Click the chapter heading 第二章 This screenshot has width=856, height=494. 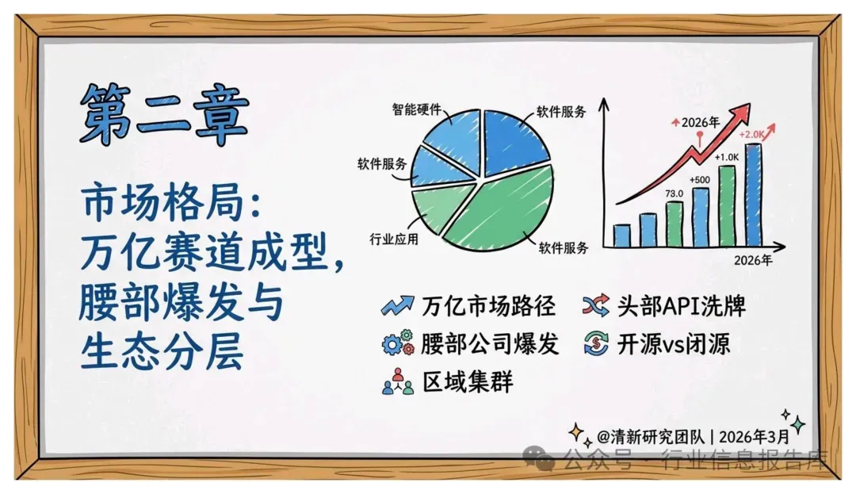(164, 115)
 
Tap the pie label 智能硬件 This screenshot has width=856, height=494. (417, 109)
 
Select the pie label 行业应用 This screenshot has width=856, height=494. (394, 239)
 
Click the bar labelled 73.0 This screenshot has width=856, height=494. (674, 224)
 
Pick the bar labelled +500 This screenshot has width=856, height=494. (701, 216)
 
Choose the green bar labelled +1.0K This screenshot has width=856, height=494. (727, 206)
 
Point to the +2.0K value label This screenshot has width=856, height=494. (751, 134)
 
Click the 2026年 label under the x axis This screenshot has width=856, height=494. (753, 260)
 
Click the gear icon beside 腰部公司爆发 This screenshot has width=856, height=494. (397, 343)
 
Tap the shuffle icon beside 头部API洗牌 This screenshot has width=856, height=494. (595, 306)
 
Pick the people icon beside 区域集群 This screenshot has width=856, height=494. (397, 381)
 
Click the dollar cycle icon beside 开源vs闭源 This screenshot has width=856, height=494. (595, 343)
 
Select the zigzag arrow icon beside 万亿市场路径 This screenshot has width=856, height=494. (397, 306)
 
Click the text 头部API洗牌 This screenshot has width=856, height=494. (682, 306)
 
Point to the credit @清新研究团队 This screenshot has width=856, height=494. (651, 437)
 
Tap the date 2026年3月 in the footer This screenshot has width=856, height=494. (754, 437)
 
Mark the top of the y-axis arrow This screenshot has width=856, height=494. (603, 99)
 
